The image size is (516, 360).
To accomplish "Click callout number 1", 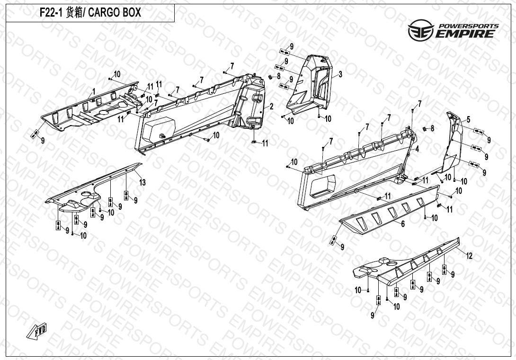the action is [94, 91].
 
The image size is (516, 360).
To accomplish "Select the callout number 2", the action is [272, 107].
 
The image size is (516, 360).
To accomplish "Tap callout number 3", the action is [340, 74].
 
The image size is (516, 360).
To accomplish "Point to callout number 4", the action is [417, 149].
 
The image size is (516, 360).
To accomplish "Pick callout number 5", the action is [468, 119].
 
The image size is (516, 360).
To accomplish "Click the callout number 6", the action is [403, 224].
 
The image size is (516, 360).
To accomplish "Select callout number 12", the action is [469, 255].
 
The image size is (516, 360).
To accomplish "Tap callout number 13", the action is [142, 182].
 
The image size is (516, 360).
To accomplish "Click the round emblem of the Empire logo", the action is [421, 30].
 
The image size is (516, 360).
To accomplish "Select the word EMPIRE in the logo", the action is [465, 34].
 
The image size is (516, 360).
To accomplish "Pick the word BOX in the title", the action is [132, 12].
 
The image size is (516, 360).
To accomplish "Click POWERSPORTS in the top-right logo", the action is [469, 26].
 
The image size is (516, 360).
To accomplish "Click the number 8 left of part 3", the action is [278, 76].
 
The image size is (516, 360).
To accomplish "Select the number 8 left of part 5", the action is [432, 128].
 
